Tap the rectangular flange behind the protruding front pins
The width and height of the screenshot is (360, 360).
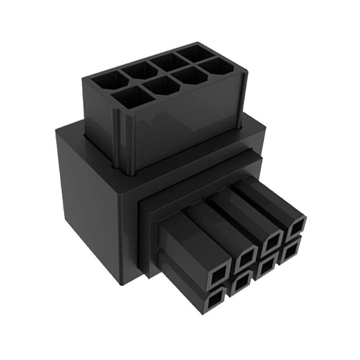[148, 234]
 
